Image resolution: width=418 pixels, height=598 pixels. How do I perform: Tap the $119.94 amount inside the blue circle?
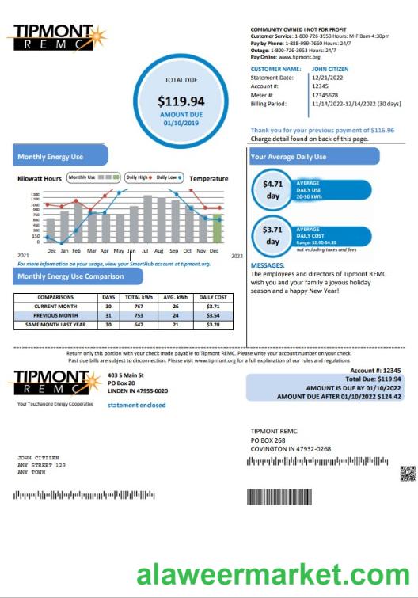[180, 101]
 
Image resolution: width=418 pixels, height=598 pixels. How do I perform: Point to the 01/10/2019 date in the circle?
[180, 124]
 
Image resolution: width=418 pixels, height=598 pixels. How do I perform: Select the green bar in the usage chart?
[217, 228]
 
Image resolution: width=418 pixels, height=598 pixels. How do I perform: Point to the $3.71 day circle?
[273, 235]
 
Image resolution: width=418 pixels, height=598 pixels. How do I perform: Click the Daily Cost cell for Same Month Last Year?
[213, 324]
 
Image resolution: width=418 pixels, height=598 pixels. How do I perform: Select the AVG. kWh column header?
[175, 297]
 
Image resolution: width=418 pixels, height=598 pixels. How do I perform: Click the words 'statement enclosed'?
[137, 405]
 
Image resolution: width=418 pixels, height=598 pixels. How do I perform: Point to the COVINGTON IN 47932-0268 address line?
[291, 449]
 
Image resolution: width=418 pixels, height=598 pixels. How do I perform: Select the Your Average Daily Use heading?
[288, 157]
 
